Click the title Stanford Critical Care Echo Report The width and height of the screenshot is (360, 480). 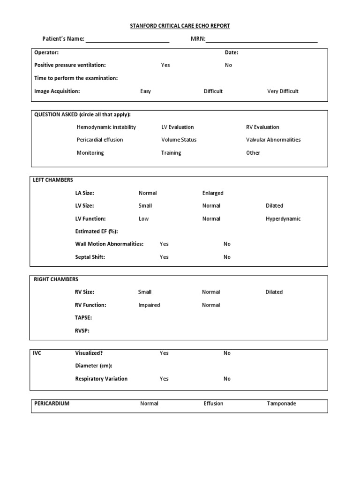(x=180, y=26)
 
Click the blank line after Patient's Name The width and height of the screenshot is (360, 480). (x=127, y=40)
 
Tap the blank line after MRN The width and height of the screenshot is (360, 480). (x=262, y=40)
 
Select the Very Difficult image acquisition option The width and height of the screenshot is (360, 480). (x=283, y=91)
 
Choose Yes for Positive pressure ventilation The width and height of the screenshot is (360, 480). (x=165, y=65)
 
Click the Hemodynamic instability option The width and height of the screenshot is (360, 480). (x=106, y=127)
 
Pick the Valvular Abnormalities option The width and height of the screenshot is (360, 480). (x=273, y=140)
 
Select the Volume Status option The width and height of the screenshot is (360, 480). (x=179, y=140)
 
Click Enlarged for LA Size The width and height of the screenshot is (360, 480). (x=213, y=193)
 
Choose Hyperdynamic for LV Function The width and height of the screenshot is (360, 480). (x=283, y=219)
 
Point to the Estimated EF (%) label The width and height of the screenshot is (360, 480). (x=97, y=232)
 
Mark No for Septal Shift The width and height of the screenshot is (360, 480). (x=227, y=257)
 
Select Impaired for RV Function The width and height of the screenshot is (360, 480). (x=149, y=305)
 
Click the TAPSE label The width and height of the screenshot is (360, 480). (x=83, y=318)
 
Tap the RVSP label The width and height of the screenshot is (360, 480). (x=82, y=330)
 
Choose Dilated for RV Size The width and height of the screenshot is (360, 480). (x=274, y=292)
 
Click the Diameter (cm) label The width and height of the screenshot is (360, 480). (x=94, y=366)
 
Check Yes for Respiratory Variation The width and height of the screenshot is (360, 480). (x=164, y=379)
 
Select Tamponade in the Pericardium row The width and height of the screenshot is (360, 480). (x=282, y=404)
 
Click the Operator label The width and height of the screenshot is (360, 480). (x=46, y=52)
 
